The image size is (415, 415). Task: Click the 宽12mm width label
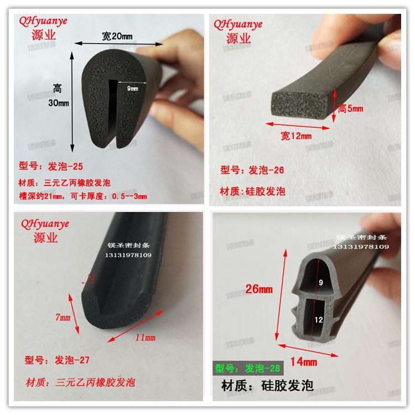(295, 134)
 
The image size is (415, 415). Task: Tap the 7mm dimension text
(63, 318)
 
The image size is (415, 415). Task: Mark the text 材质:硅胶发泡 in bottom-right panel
(267, 385)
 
